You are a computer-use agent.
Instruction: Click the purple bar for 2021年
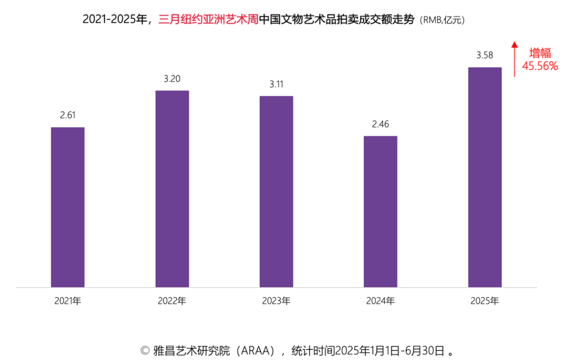pos(68,207)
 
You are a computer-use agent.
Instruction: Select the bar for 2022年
pos(172,189)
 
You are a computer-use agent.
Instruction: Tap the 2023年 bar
pos(276,191)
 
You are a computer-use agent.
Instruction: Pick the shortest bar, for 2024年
pos(380,211)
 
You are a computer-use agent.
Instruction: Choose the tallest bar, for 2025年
pos(485,177)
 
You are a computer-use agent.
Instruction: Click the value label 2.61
pos(68,115)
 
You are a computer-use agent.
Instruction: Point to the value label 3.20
pos(172,79)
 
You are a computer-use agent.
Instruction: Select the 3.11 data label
pos(276,84)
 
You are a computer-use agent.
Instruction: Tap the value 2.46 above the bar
pos(380,124)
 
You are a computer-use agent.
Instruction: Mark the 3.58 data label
pos(485,56)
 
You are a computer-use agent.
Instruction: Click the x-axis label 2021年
pos(68,301)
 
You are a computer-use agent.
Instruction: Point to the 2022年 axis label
pos(172,301)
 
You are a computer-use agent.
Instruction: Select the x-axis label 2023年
pos(276,301)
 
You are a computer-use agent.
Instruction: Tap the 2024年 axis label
pos(380,301)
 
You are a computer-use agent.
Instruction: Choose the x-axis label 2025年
pos(484,301)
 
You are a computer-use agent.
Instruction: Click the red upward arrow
pos(514,59)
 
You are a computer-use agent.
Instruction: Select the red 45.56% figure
pos(540,66)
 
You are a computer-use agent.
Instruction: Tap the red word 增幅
pos(540,53)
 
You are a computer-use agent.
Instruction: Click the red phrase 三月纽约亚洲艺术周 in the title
pos(208,20)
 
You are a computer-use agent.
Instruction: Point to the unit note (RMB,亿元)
pos(442,21)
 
